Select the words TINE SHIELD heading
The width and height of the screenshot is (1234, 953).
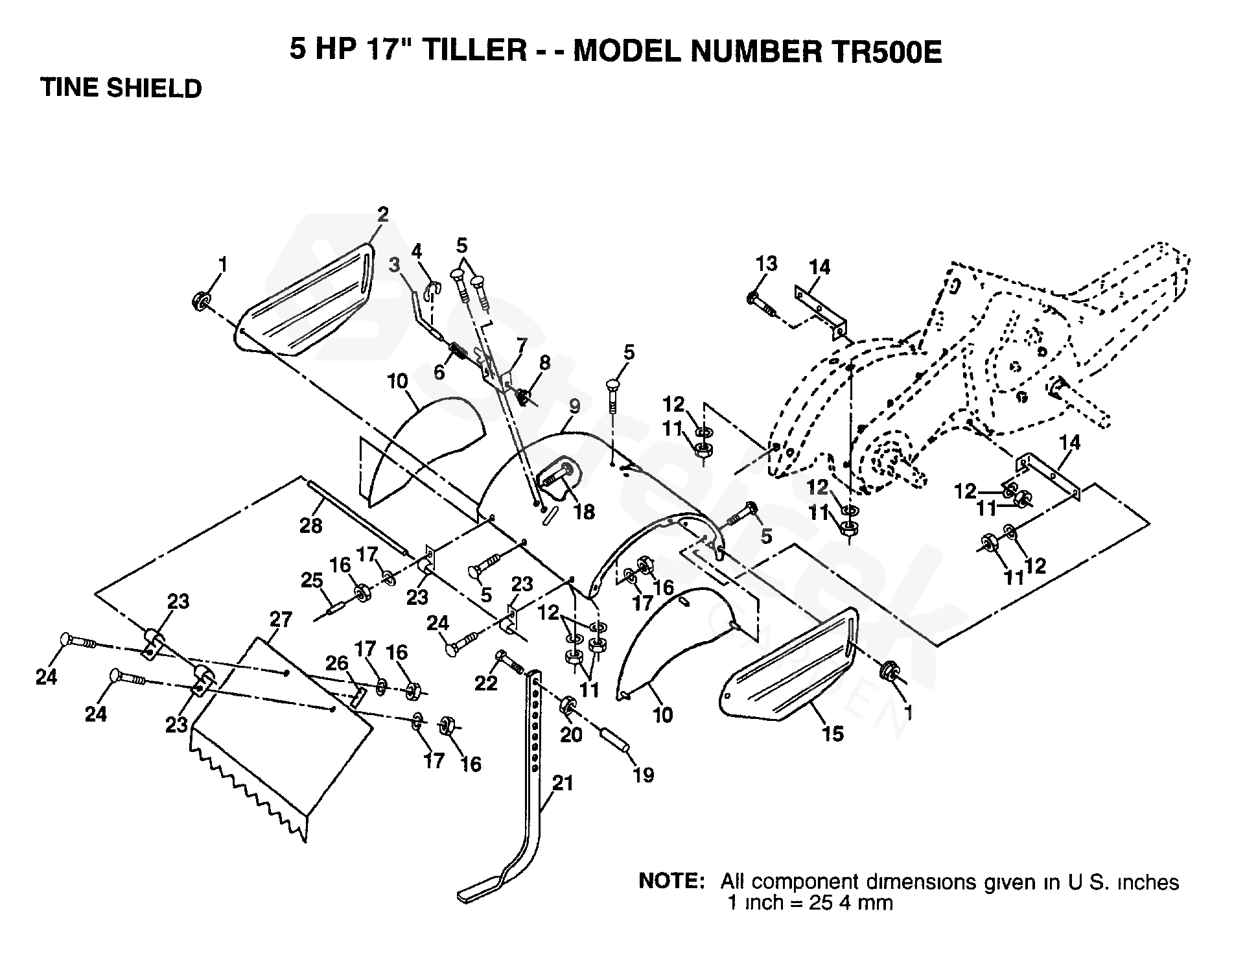pyautogui.click(x=121, y=88)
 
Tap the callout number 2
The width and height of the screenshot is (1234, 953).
pyautogui.click(x=383, y=215)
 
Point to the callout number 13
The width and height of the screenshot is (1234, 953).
pyautogui.click(x=767, y=265)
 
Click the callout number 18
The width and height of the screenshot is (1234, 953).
pyautogui.click(x=585, y=512)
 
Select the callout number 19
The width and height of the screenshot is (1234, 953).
pyautogui.click(x=644, y=775)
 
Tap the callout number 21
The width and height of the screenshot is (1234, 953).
pyautogui.click(x=563, y=783)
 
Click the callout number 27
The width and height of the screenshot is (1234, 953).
pyautogui.click(x=282, y=620)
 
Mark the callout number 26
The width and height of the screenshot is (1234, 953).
pyautogui.click(x=337, y=663)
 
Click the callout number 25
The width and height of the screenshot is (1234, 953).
pyautogui.click(x=312, y=580)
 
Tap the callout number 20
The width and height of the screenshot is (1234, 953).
pyautogui.click(x=571, y=735)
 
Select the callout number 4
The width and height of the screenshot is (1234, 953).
pyautogui.click(x=417, y=250)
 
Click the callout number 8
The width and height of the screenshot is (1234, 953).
pyautogui.click(x=544, y=362)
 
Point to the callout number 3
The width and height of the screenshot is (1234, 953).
pyautogui.click(x=395, y=265)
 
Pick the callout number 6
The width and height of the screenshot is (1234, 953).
pyautogui.click(x=439, y=371)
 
